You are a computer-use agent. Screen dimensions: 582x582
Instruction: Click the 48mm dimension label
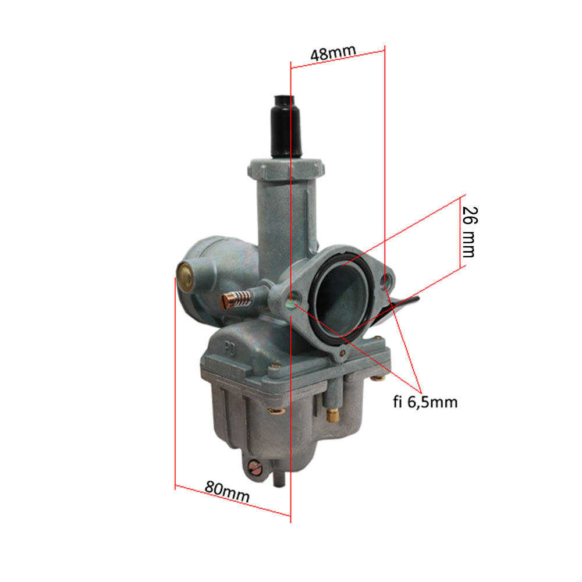(333, 52)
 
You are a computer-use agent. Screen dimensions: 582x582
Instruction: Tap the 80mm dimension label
(227, 491)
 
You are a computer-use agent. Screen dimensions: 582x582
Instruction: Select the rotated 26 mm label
(470, 232)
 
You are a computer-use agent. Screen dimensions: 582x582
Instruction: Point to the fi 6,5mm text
(425, 402)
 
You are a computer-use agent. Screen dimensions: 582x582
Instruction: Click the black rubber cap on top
(286, 126)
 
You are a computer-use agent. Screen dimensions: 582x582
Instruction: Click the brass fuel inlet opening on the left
(185, 276)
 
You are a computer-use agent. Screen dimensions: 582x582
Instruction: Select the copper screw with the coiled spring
(236, 299)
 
